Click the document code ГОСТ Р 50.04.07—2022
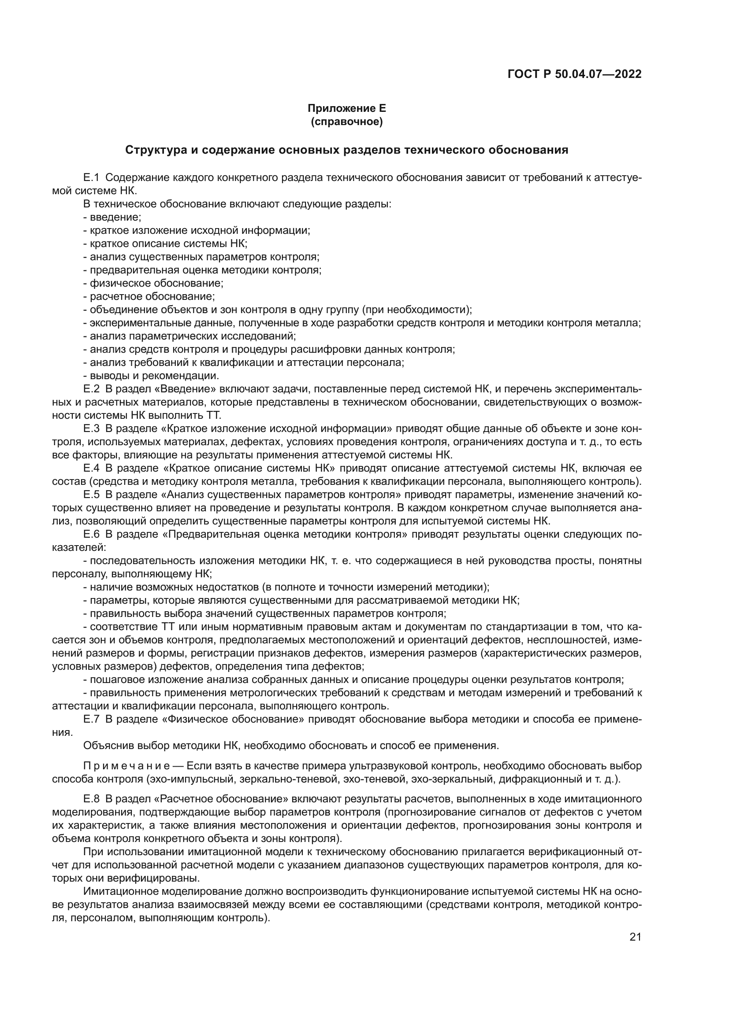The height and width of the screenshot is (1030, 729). tap(574, 74)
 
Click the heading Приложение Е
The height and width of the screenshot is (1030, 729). tap(346, 108)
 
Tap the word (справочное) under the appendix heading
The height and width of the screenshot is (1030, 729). tap(346, 122)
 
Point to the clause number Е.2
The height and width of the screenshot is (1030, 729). tap(91, 388)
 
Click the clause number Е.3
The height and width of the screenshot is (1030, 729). tap(91, 428)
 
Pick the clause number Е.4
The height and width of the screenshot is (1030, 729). tap(91, 468)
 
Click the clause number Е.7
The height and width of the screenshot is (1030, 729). tap(91, 719)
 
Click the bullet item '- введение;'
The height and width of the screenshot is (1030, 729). tap(112, 217)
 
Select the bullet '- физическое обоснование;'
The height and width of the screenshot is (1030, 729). tap(153, 283)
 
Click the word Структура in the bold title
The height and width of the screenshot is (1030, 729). tap(155, 150)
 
